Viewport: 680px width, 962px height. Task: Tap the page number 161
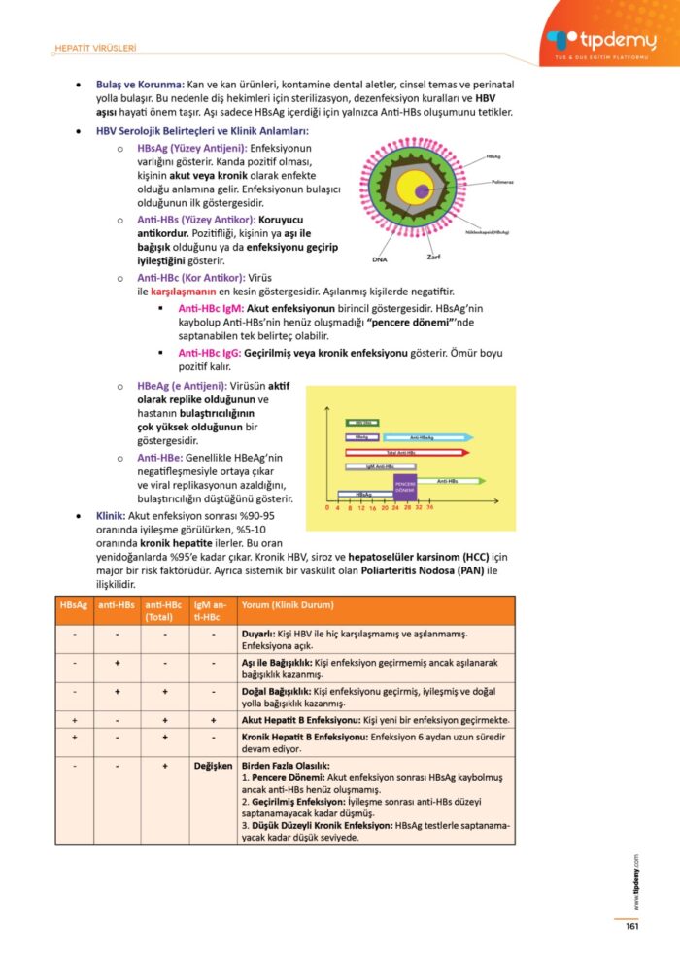[630, 926]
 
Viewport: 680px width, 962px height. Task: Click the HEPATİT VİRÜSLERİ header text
[94, 48]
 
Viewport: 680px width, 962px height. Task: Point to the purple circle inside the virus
[421, 191]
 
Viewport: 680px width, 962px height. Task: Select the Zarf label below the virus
[434, 257]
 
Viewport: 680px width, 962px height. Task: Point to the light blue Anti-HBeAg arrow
[425, 438]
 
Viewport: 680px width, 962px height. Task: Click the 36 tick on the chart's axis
[429, 507]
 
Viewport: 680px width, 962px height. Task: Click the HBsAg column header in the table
[74, 605]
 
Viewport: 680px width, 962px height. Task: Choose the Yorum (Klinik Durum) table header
[288, 605]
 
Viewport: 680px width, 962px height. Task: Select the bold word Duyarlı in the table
[260, 634]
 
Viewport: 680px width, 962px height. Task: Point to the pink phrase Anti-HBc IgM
[211, 308]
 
